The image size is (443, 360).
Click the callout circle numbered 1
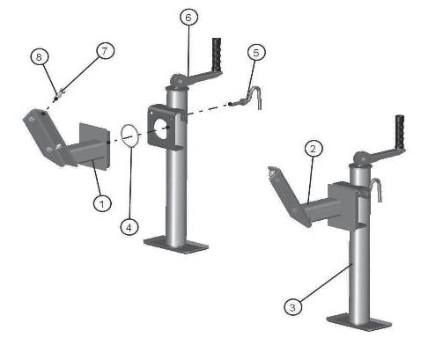102,202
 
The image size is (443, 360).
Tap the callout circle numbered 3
292,306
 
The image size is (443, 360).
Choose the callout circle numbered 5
255,52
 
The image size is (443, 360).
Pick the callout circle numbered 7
105,51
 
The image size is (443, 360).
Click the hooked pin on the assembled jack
377,190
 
